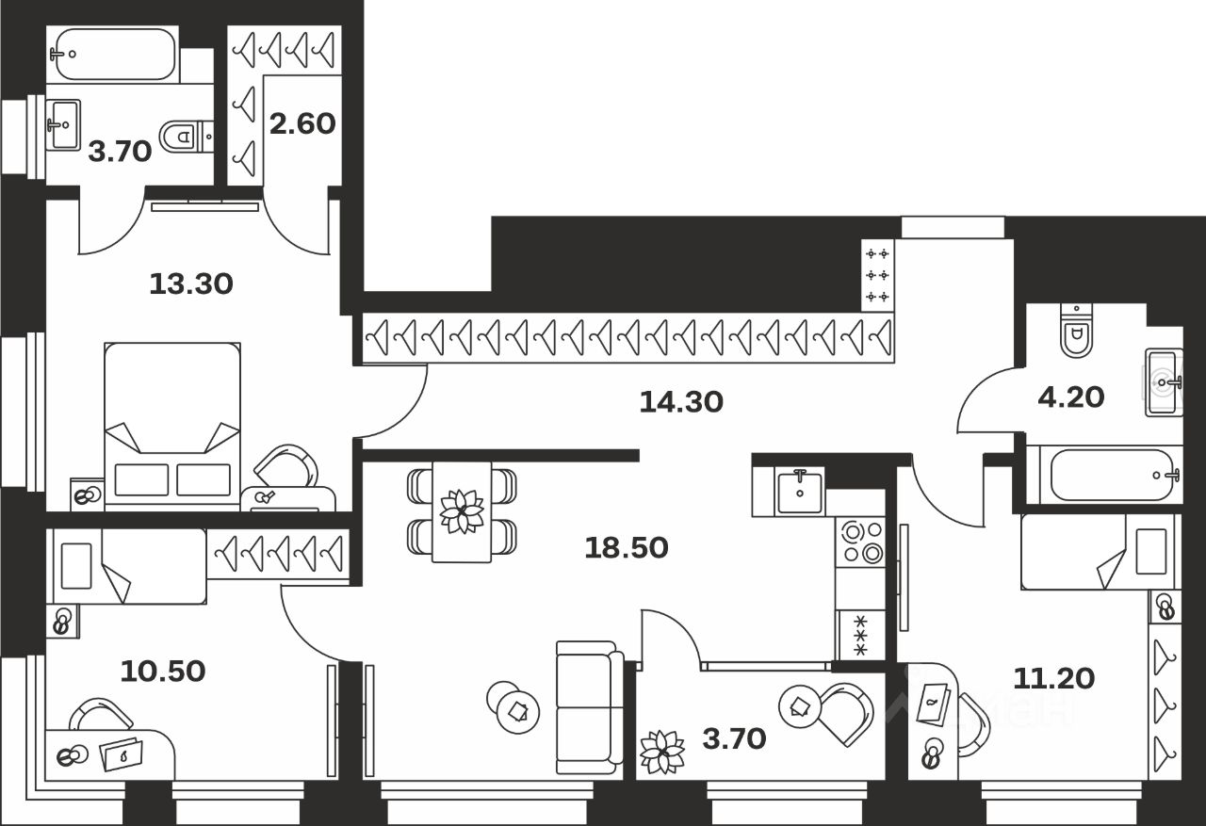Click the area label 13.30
click(191, 283)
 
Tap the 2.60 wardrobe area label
click(302, 123)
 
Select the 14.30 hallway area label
click(681, 403)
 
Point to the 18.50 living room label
click(626, 547)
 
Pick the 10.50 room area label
click(163, 671)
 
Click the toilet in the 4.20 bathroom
click(1074, 332)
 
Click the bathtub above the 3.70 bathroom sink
click(114, 54)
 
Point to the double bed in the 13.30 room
click(171, 424)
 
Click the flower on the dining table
click(462, 510)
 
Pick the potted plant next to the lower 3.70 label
click(662, 751)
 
